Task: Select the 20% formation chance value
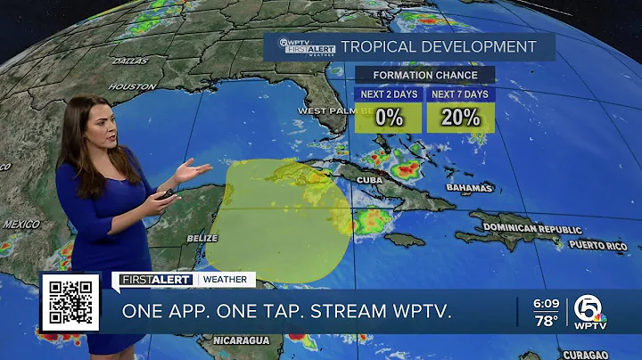[459, 116]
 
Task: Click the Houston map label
[133, 86]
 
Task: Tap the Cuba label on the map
[371, 179]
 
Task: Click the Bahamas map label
[471, 189]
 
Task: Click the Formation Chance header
[424, 75]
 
